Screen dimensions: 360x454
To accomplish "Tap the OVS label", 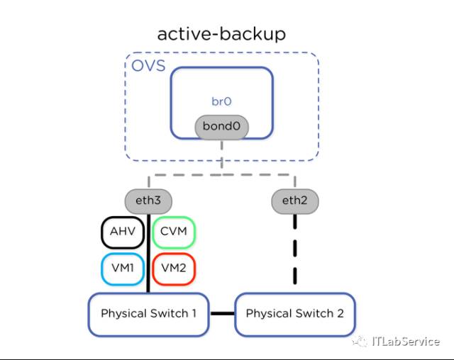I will (x=148, y=67).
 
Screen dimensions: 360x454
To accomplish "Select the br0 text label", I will (x=221, y=101).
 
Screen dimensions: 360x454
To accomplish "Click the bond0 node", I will (x=221, y=127).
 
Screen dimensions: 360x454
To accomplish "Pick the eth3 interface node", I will (x=148, y=201).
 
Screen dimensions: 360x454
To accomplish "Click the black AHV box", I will (x=121, y=232).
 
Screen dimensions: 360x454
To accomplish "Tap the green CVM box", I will (x=174, y=232).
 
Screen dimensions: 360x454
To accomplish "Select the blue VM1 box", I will (x=121, y=268).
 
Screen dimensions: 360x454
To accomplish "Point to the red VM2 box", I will (x=174, y=268).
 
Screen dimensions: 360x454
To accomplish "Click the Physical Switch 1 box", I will (x=148, y=313).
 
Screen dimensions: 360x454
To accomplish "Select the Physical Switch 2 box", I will (x=294, y=313).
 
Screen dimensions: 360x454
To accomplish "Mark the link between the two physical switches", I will (x=222, y=313).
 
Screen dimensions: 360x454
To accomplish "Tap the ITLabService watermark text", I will (x=405, y=342).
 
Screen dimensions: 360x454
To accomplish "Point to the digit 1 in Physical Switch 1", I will (x=194, y=313).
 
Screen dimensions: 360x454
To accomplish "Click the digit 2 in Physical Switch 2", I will (x=340, y=313).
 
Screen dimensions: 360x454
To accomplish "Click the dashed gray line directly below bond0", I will (x=221, y=154).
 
